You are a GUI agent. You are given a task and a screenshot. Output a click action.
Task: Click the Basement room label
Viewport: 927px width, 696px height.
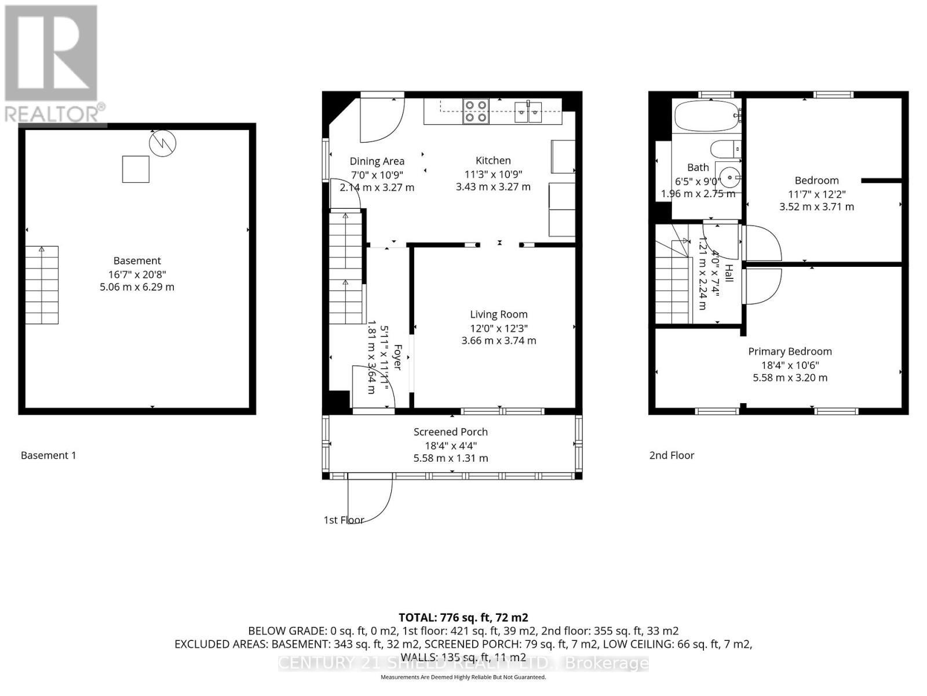point(137,261)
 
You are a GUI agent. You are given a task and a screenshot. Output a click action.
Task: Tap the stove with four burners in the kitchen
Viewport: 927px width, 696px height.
point(476,111)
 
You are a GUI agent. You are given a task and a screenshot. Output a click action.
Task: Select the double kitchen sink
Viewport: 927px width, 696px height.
point(528,112)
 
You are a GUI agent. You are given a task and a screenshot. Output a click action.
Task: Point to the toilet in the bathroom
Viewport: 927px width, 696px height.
point(724,149)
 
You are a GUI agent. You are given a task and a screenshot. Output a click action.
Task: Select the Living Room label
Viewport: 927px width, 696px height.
point(498,314)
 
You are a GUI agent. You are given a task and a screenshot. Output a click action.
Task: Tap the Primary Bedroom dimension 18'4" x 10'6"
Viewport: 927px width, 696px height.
point(790,365)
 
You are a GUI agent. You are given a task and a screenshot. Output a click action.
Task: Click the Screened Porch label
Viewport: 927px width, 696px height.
point(450,432)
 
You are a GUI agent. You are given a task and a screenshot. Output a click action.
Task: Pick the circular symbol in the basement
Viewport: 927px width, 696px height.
point(163,143)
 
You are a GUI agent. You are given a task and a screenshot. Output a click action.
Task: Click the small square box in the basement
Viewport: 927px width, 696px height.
point(136,169)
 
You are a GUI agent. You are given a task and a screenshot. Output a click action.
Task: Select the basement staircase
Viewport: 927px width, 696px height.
point(42,285)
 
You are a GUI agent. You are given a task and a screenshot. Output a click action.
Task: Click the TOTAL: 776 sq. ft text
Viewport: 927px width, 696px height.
point(463,618)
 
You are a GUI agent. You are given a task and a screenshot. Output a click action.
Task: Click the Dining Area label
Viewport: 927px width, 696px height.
point(377,161)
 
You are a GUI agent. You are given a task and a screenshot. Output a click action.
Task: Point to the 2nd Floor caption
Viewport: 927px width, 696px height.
point(671,455)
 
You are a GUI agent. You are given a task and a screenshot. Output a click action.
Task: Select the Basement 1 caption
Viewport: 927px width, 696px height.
point(48,455)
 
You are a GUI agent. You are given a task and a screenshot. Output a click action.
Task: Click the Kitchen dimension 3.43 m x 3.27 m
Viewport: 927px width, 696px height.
point(492,187)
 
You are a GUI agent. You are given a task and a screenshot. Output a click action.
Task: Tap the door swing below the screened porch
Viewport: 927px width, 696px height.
point(371,500)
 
